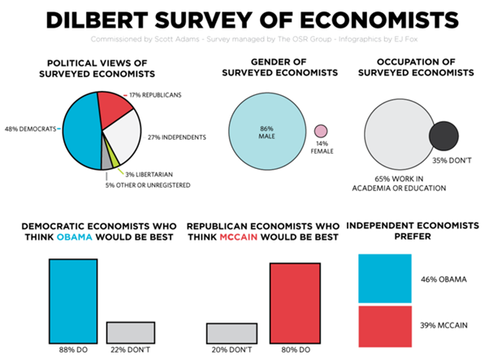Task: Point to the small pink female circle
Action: pyautogui.click(x=320, y=131)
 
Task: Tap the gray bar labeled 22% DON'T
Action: pyautogui.click(x=130, y=331)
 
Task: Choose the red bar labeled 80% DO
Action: pyautogui.click(x=301, y=301)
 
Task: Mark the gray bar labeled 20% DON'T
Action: pyautogui.click(x=232, y=332)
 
